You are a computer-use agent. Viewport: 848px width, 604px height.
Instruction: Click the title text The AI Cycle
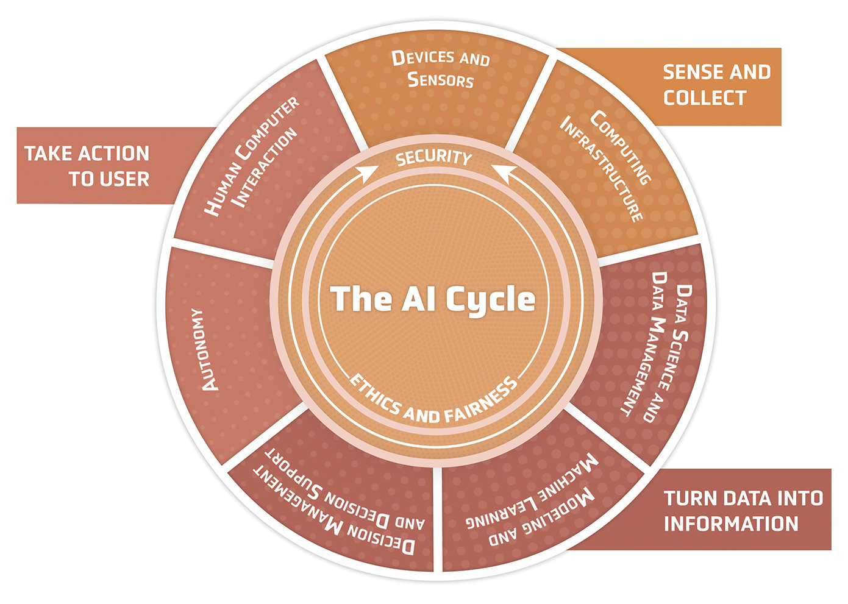click(x=433, y=299)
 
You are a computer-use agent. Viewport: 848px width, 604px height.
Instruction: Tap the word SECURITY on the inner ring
click(x=433, y=158)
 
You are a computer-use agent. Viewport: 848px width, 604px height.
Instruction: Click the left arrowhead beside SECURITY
click(x=368, y=174)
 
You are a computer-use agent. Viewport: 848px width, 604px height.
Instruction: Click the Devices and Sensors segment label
click(x=440, y=69)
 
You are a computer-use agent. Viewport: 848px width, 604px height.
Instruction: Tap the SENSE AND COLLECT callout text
click(x=717, y=85)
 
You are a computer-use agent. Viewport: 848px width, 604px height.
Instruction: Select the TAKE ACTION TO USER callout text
click(x=87, y=166)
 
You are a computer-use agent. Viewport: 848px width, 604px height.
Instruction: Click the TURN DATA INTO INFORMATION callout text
click(x=743, y=511)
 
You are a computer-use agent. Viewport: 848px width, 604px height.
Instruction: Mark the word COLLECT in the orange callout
click(x=705, y=98)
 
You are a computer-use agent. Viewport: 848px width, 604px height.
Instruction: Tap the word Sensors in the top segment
click(x=440, y=80)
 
